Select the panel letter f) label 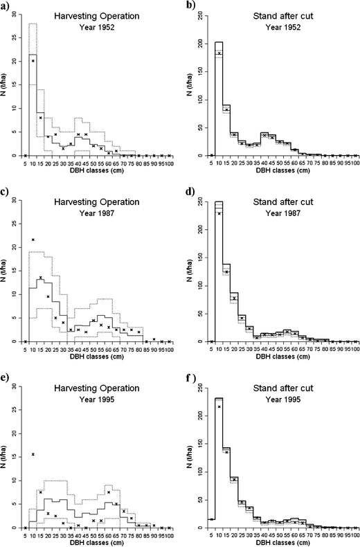pos(192,377)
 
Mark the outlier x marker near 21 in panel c pos(33,240)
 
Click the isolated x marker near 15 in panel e pos(33,454)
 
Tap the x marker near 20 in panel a pos(33,61)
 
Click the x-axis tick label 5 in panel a pos(25,162)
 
